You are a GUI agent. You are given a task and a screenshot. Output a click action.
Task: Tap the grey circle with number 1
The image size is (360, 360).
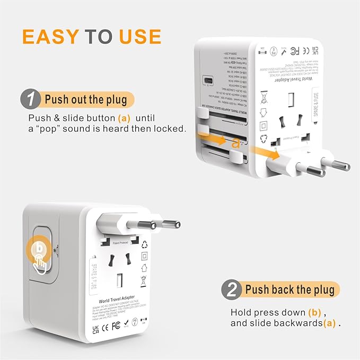32,99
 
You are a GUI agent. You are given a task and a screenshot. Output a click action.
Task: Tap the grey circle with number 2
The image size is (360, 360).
232,289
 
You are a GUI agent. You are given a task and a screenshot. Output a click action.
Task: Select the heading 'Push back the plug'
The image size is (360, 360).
289,290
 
